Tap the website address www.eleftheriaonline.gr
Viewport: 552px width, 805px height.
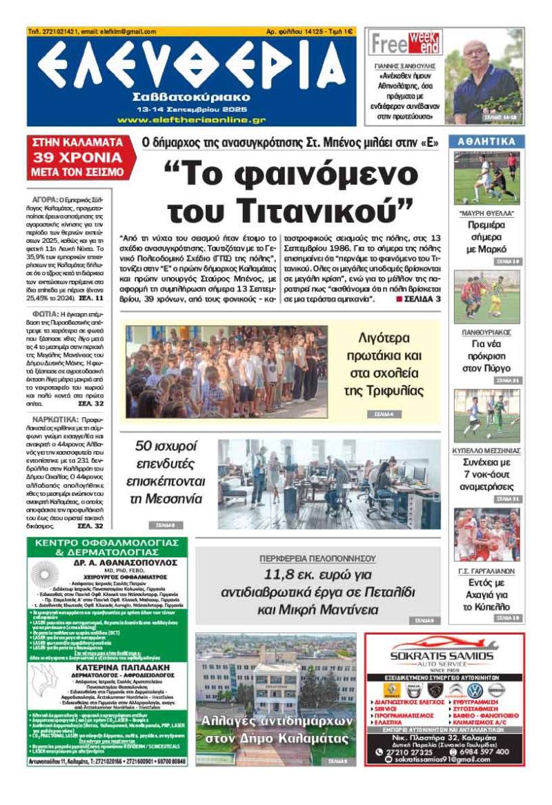point(191,119)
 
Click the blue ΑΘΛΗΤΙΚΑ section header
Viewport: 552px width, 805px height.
point(488,141)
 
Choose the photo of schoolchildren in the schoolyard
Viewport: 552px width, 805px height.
point(226,372)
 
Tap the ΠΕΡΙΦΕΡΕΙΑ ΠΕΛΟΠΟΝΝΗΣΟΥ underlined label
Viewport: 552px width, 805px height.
point(317,557)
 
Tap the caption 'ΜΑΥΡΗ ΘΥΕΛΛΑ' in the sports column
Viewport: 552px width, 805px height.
point(487,214)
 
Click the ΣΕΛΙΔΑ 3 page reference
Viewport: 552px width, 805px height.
point(419,299)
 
